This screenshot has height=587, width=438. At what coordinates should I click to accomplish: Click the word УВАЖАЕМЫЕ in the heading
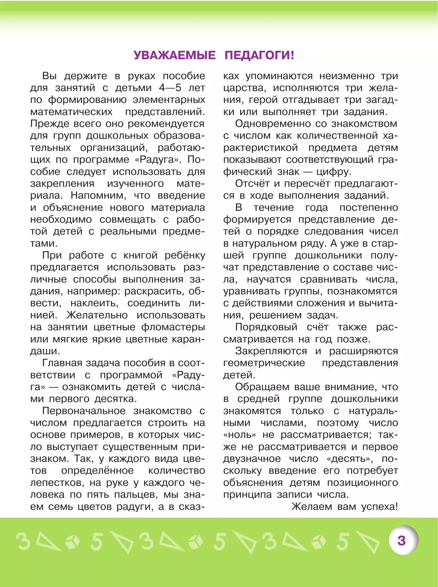click(x=174, y=55)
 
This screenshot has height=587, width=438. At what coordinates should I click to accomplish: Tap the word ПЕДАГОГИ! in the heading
click(x=259, y=55)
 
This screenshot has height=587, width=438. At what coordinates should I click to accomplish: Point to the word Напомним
click(x=98, y=196)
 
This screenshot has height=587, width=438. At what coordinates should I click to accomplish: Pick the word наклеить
click(x=94, y=304)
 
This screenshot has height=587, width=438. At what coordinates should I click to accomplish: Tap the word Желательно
click(x=97, y=315)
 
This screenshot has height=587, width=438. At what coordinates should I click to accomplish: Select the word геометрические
click(x=264, y=363)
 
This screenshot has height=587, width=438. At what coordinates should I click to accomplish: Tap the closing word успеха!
click(x=379, y=507)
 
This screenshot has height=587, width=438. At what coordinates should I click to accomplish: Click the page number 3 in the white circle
click(x=401, y=540)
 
